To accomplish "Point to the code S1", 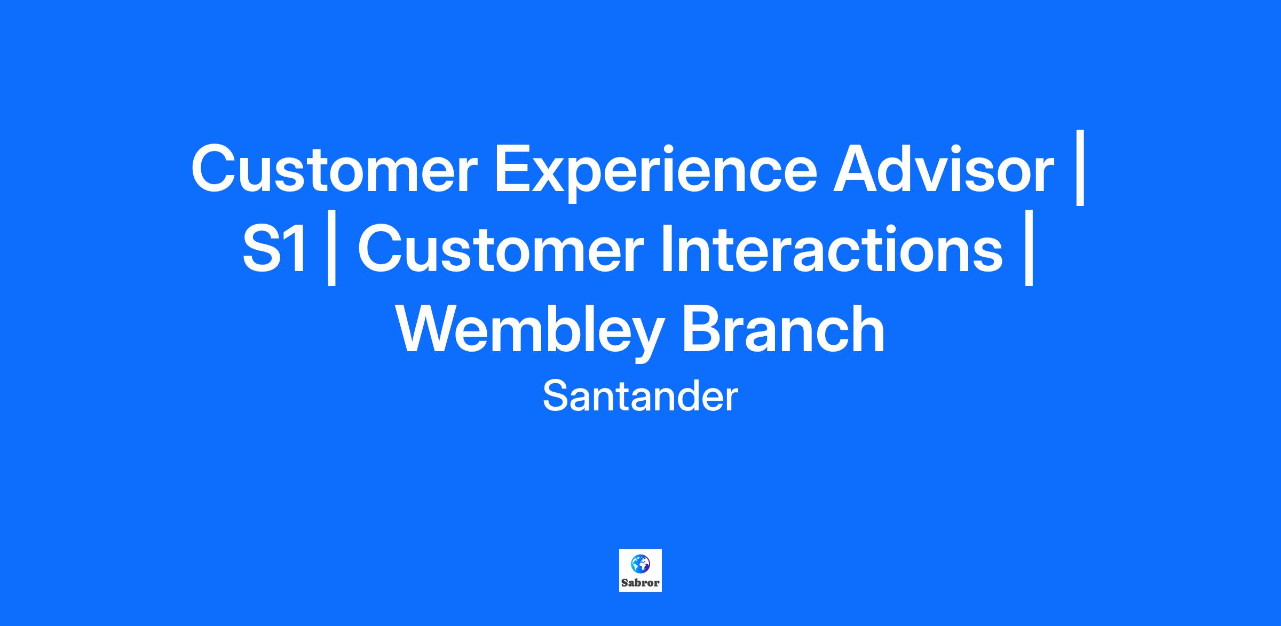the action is click(275, 249).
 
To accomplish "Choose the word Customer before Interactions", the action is click(500, 249).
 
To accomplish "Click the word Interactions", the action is click(832, 249).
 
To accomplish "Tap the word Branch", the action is click(783, 329).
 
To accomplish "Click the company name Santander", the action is click(640, 397).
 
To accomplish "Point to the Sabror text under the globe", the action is click(640, 583).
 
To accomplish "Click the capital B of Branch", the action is click(703, 329).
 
